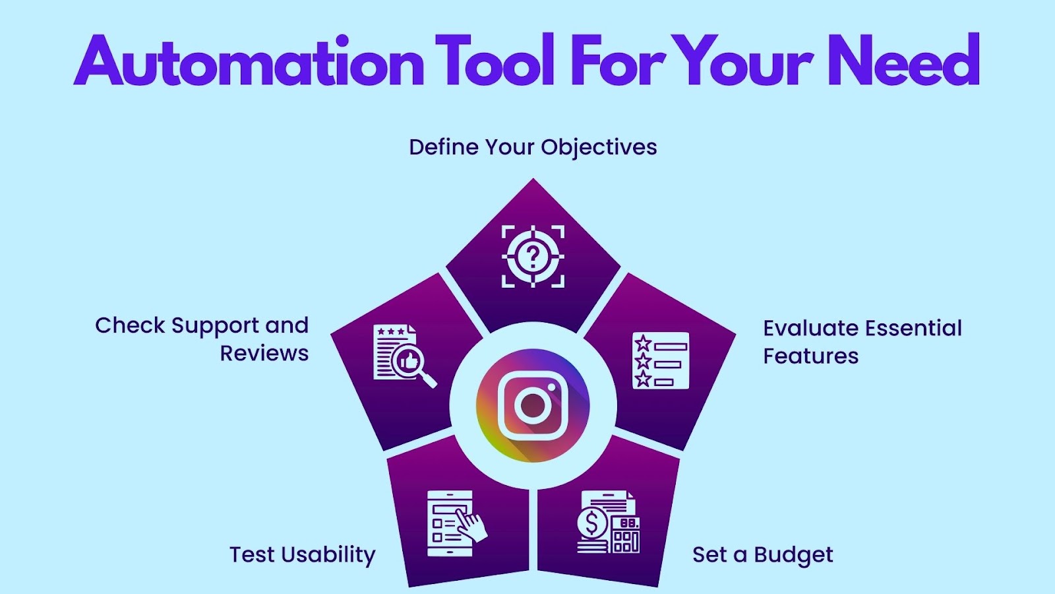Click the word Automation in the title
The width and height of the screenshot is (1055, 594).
point(249,60)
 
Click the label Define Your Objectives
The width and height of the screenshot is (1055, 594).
point(533,147)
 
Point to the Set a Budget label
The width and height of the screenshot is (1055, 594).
point(762,555)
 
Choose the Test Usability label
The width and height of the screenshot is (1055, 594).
point(303,555)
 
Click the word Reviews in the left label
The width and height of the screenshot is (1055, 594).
point(264,353)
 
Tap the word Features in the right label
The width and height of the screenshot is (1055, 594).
point(810,356)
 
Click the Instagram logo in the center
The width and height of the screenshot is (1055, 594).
point(533,405)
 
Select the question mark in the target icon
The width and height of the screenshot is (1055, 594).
point(533,256)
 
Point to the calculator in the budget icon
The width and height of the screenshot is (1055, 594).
point(625,535)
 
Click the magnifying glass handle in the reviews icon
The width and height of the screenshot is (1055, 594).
point(428,379)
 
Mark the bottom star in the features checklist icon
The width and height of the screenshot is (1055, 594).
point(643,379)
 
